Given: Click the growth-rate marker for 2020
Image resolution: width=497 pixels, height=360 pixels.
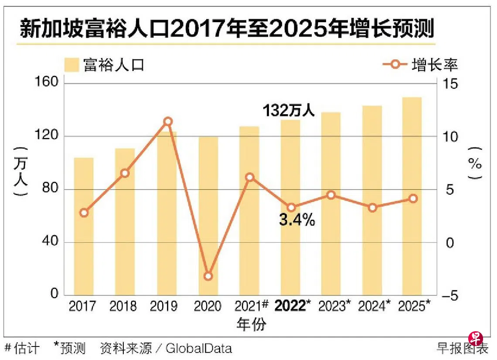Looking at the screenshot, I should [208, 276].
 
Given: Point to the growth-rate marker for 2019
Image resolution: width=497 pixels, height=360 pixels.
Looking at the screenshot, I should [167, 121].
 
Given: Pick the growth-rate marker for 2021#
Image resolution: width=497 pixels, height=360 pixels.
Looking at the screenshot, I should [249, 177].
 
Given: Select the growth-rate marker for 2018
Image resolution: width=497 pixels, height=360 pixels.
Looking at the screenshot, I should [125, 173].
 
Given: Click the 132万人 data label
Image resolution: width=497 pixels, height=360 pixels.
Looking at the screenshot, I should [289, 110].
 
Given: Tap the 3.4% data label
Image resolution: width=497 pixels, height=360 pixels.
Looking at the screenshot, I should [297, 221].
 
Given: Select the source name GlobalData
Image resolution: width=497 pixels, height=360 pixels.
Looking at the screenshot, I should [199, 348].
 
